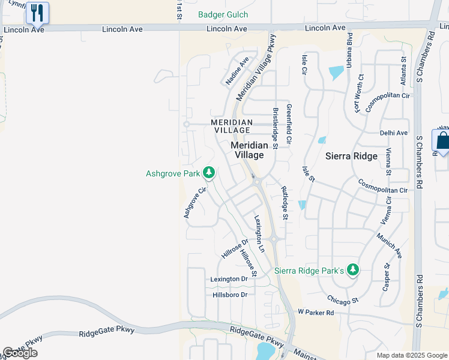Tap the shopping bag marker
[442, 141]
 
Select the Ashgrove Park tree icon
[208, 173]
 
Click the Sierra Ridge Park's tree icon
[354, 270]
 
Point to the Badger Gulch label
[223, 15]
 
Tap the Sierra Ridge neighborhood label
[351, 156]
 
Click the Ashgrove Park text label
[172, 174]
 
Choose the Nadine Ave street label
[237, 71]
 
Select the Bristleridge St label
[276, 128]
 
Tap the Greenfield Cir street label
[289, 124]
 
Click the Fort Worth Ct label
[360, 94]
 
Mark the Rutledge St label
[285, 203]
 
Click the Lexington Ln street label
[259, 233]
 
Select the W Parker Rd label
[315, 312]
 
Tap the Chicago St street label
[342, 299]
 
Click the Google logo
[20, 353]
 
